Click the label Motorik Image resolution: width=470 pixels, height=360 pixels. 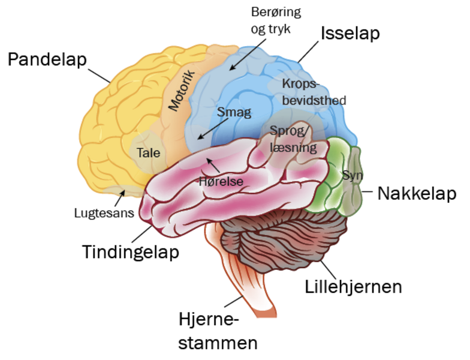pos(182,90)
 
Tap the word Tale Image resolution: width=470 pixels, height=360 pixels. pos(148,152)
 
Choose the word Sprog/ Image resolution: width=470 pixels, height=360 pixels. pos(290,131)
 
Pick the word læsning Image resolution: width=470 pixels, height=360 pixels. pos(293,146)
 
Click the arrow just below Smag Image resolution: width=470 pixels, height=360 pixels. pos(213,128)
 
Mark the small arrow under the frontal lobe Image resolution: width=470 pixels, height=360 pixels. pos(123,193)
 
